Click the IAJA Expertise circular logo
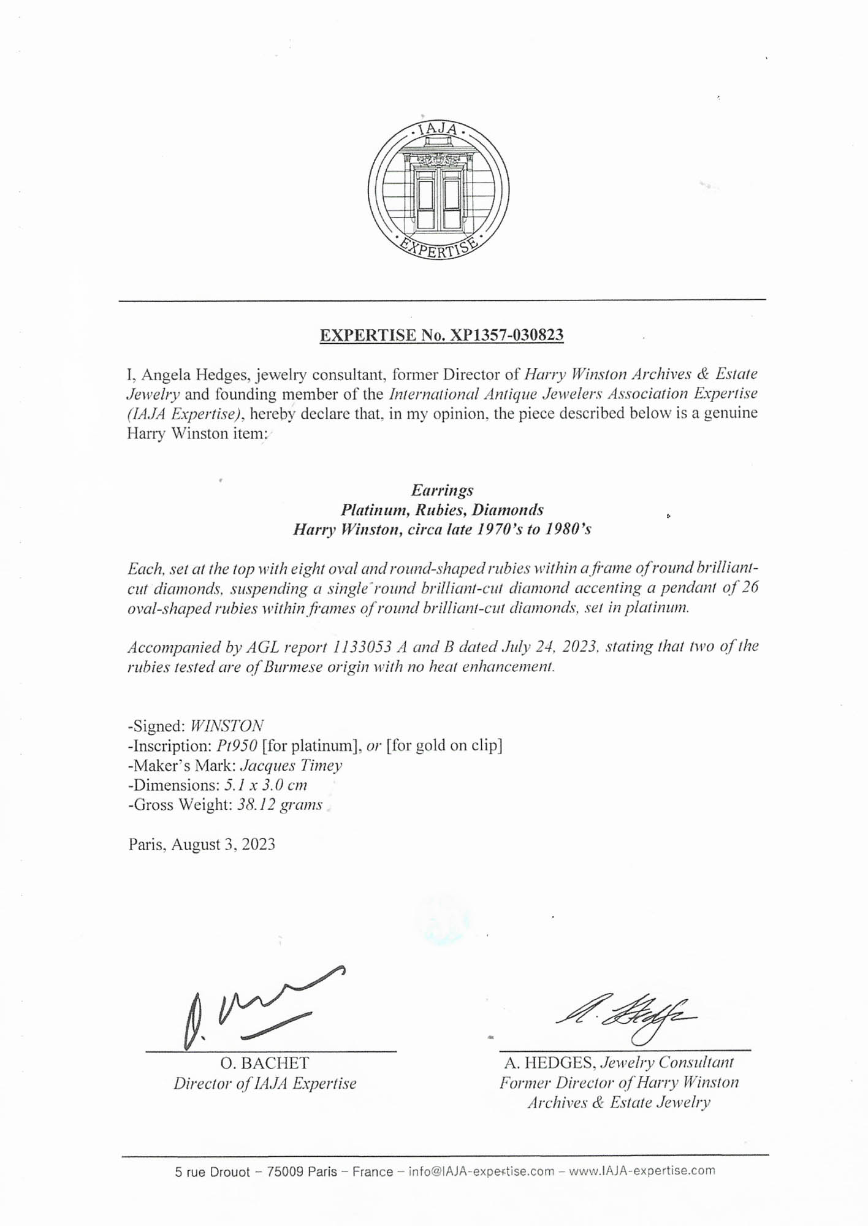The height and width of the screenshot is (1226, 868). point(438,189)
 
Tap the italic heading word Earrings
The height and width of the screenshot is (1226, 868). point(442,490)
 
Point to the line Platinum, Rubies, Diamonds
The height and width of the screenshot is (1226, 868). point(442,510)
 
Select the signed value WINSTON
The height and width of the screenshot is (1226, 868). point(227,726)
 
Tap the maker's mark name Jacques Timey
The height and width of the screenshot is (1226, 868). point(291,766)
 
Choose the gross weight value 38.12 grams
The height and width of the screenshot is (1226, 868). point(280,805)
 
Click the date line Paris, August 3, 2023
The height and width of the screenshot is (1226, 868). point(202,845)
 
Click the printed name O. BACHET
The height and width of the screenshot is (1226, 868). point(265,1064)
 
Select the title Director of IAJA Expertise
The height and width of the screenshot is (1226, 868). point(265,1084)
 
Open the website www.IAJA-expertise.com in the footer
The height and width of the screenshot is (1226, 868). point(642,1171)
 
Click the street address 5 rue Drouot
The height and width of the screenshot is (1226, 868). point(213,1172)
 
